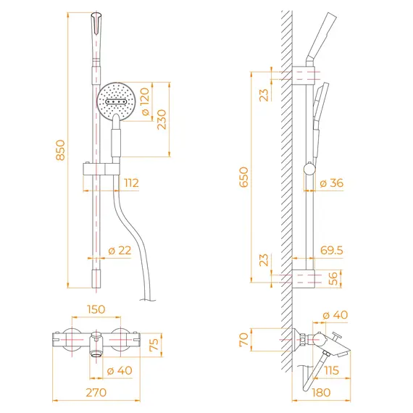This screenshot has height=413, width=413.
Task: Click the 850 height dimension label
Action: click(60, 150)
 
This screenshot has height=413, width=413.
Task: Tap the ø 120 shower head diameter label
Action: click(145, 101)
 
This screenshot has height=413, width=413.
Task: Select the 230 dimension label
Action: click(162, 120)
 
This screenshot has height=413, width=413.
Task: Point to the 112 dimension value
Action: click(131, 183)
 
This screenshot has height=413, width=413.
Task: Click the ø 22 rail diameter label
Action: click(120, 251)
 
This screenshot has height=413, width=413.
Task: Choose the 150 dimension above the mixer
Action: click(96, 309)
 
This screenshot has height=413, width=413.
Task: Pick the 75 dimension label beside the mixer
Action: click(154, 345)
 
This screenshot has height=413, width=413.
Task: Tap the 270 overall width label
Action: click(96, 393)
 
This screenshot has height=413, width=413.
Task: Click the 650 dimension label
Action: click(243, 177)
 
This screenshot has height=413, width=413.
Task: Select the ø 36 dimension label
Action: click(332, 183)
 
